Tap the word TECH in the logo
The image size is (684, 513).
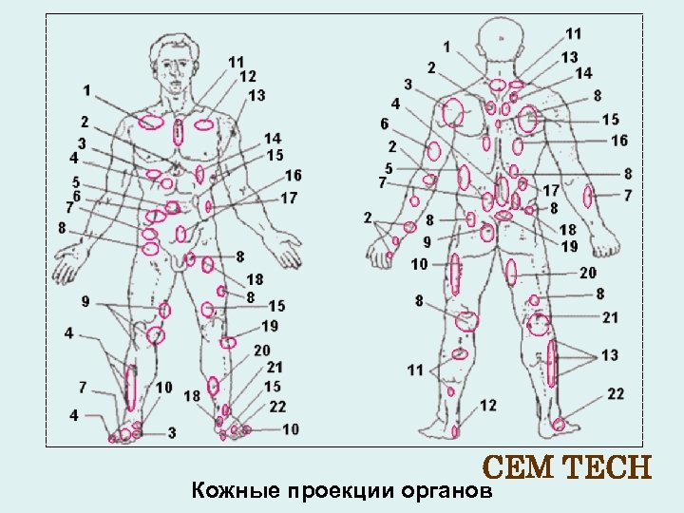coord(607,468)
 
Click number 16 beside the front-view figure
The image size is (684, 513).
coord(293,176)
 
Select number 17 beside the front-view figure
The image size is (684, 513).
coord(289,198)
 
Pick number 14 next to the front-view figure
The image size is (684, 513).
coord(273,139)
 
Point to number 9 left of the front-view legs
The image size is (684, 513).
coord(85,302)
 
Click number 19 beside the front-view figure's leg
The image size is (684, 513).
coord(270,326)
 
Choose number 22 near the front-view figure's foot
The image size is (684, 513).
coord(277,406)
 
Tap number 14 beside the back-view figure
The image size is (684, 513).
coord(583,73)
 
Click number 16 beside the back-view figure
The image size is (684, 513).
coord(619,141)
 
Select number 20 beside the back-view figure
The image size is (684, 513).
coord(588,272)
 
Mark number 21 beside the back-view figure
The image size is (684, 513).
coord(610,317)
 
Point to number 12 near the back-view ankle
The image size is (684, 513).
coord(487,406)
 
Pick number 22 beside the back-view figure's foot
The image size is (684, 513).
coord(616,393)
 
